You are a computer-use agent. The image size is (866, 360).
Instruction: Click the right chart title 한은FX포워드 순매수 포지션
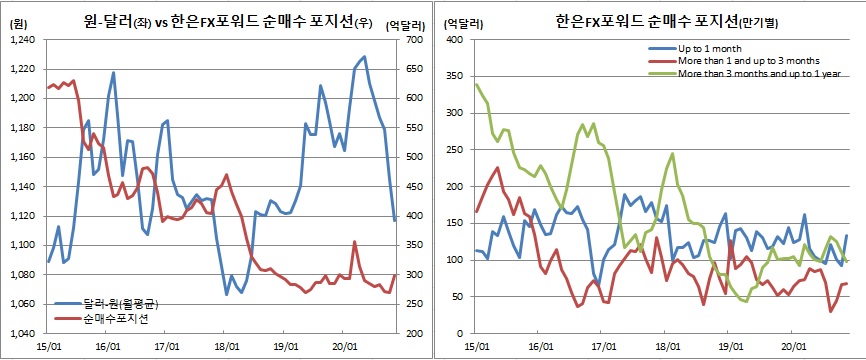(x=655, y=21)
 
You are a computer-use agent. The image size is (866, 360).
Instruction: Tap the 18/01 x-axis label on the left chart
(x=227, y=346)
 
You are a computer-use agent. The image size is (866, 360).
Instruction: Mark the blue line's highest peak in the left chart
(x=363, y=57)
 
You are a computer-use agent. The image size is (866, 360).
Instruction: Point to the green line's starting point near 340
(x=475, y=84)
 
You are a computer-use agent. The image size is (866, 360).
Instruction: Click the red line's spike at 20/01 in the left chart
(x=355, y=242)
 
